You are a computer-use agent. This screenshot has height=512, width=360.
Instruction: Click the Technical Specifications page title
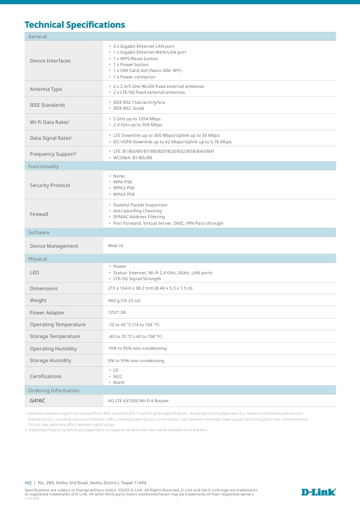(x=74, y=25)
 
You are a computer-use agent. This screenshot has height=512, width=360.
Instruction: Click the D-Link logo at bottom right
(x=318, y=492)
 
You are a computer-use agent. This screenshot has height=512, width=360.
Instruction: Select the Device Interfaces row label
(x=50, y=61)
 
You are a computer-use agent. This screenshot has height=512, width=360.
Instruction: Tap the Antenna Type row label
(x=46, y=89)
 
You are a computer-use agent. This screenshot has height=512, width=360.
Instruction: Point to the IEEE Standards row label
(x=48, y=105)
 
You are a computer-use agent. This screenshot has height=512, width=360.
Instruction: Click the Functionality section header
(x=44, y=166)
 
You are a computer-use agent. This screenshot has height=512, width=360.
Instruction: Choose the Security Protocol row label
(x=50, y=185)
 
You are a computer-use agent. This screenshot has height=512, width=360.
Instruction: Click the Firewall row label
(x=39, y=214)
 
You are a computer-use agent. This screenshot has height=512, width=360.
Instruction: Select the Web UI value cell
(x=116, y=245)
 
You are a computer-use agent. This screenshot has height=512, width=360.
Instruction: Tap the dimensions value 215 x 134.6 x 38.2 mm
(x=150, y=288)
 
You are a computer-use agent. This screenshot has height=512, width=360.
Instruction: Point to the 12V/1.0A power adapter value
(x=117, y=313)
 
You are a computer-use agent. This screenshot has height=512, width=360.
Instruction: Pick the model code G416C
(x=37, y=401)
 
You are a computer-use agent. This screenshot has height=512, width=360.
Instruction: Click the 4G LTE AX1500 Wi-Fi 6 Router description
(x=138, y=401)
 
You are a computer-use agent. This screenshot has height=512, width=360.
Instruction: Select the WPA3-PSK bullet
(x=124, y=194)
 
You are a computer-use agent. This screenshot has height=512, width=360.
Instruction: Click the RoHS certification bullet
(x=119, y=382)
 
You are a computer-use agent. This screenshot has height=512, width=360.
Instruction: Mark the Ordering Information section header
(x=54, y=390)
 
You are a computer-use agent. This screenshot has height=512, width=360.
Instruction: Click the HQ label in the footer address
(x=28, y=483)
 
